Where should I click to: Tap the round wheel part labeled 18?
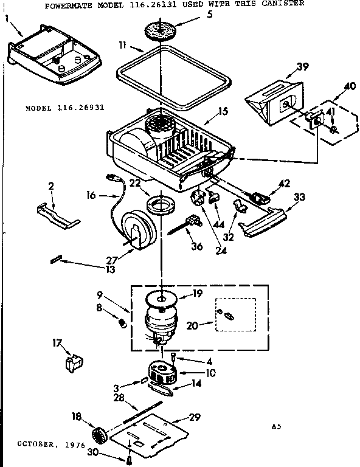click(x=99, y=435)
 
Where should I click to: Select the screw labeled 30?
click(x=130, y=460)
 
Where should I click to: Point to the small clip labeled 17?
click(x=74, y=363)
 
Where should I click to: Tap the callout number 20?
click(x=193, y=327)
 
